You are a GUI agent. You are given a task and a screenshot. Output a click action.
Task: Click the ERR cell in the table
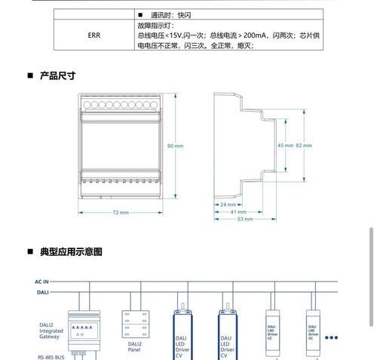[x=94, y=35]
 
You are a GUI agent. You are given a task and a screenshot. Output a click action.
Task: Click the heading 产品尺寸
[x=57, y=75]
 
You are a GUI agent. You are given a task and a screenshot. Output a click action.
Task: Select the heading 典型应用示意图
[x=71, y=251]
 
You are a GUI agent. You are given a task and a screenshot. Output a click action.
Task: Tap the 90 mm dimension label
[x=175, y=146]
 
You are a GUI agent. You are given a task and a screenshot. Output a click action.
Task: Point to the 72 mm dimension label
[x=121, y=213]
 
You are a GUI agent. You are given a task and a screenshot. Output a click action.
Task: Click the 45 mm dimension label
[x=285, y=146]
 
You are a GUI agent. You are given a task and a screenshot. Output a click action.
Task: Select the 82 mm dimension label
[x=304, y=146]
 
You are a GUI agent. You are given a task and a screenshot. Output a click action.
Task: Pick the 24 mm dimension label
[x=228, y=205]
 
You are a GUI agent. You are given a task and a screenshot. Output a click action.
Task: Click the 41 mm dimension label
[x=238, y=212]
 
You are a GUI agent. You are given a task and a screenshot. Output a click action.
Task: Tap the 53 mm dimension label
[x=245, y=219]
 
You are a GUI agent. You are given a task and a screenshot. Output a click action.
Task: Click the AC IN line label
[x=41, y=282]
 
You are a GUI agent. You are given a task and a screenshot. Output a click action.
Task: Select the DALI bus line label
[x=43, y=292]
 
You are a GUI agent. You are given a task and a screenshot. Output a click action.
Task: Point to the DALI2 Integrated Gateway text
[x=51, y=331]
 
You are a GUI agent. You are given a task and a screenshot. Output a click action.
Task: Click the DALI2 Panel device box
[x=136, y=324]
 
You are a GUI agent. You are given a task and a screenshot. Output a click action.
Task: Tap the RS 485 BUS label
[x=51, y=357]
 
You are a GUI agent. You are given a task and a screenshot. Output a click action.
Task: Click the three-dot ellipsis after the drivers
[x=331, y=337]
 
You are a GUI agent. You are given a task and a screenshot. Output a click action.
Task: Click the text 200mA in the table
[x=255, y=35]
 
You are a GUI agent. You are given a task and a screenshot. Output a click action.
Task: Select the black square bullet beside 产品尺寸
[x=30, y=75]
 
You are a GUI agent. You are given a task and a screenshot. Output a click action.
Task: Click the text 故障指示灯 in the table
[x=154, y=26]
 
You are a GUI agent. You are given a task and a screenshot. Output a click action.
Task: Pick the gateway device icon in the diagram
[x=84, y=331]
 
